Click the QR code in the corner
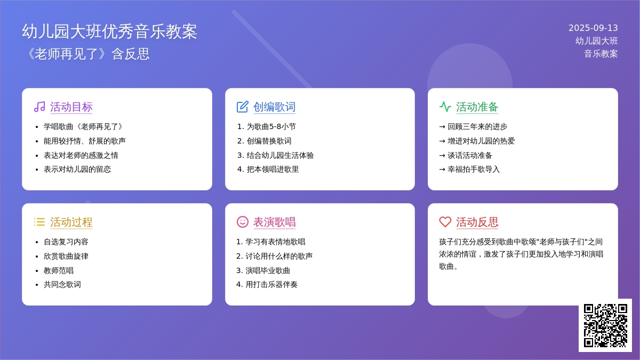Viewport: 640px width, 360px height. pyautogui.click(x=605, y=325)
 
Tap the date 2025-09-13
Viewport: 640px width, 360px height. pyautogui.click(x=593, y=28)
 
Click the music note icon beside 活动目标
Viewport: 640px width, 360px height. pyautogui.click(x=39, y=107)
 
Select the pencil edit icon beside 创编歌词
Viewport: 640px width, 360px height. pyautogui.click(x=243, y=107)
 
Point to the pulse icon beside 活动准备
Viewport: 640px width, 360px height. pyautogui.click(x=445, y=107)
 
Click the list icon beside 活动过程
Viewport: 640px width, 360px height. pyautogui.click(x=39, y=222)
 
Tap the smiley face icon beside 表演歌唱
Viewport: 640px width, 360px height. pyautogui.click(x=243, y=222)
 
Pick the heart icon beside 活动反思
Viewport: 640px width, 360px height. pyautogui.click(x=445, y=222)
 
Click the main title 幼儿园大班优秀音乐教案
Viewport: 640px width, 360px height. pyautogui.click(x=109, y=31)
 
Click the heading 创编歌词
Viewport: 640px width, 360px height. pyautogui.click(x=274, y=107)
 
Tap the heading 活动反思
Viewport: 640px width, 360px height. pyautogui.click(x=477, y=222)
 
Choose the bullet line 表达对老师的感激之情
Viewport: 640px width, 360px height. pyautogui.click(x=81, y=155)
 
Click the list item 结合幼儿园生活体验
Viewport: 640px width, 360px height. pyautogui.click(x=281, y=155)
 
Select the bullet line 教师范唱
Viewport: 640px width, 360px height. pyautogui.click(x=59, y=270)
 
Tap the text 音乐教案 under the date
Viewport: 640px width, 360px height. pyautogui.click(x=601, y=54)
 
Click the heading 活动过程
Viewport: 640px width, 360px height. pyautogui.click(x=71, y=222)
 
